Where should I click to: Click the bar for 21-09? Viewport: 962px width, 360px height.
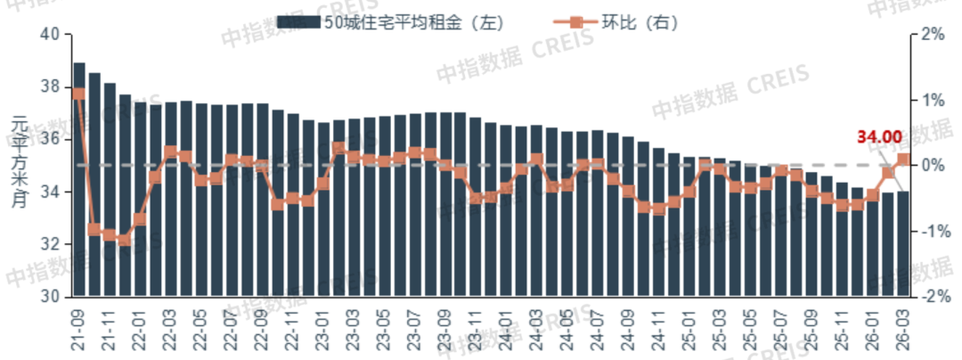click(79, 178)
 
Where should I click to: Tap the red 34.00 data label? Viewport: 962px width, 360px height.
click(878, 137)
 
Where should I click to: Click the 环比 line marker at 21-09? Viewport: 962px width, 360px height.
click(79, 93)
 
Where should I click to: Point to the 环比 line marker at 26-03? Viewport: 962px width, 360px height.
click(903, 160)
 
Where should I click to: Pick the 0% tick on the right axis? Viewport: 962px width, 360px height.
click(931, 166)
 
